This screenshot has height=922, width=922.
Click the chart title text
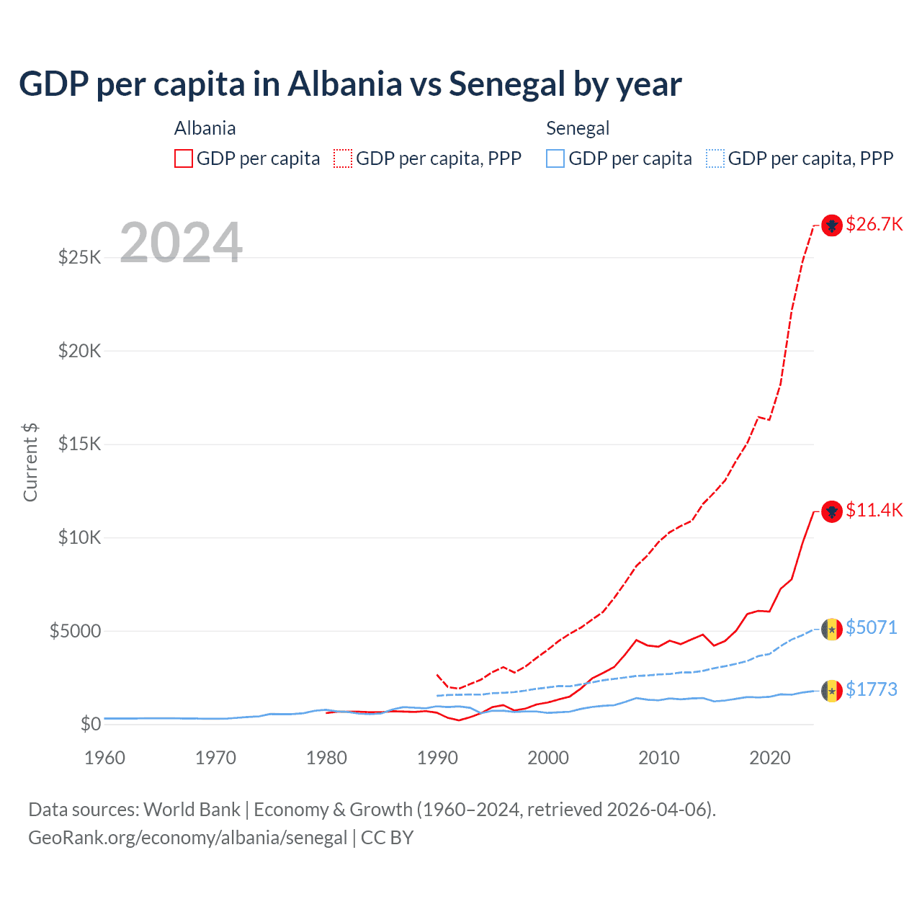[350, 84]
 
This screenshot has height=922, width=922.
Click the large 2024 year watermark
[181, 243]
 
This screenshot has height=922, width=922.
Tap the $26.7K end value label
[874, 224]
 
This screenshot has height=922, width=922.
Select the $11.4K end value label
[874, 510]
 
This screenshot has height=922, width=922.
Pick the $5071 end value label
[871, 627]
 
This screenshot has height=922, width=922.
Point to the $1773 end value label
[871, 689]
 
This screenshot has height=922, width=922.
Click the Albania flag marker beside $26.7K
[832, 225]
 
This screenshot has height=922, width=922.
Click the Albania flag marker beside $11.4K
[832, 511]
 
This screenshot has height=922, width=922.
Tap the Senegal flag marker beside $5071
[832, 630]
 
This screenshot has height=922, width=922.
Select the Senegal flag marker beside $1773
[832, 691]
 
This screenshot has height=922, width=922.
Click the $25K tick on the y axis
[79, 257]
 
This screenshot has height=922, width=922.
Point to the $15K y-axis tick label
[79, 444]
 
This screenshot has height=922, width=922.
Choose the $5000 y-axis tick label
[75, 631]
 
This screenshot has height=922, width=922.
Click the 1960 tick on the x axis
[104, 758]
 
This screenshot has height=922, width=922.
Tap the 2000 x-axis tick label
[548, 758]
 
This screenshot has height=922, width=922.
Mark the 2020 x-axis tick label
[770, 758]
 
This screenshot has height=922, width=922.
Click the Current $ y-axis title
[30, 462]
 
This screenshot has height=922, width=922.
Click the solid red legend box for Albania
[184, 158]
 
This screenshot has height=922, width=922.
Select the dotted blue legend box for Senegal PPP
[715, 158]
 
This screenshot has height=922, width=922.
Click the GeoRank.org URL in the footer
[187, 838]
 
